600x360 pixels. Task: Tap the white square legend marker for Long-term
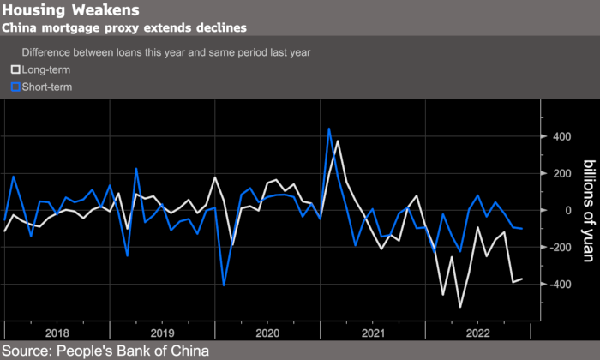pyautogui.click(x=15, y=69)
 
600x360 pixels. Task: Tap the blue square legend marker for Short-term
pyautogui.click(x=15, y=87)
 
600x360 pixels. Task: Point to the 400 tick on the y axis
pyautogui.click(x=561, y=136)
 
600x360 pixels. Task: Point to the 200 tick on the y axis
pyautogui.click(x=561, y=173)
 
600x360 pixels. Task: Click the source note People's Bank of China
pyautogui.click(x=105, y=350)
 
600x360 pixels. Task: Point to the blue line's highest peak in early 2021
pyautogui.click(x=329, y=129)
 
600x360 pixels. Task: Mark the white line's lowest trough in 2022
pyautogui.click(x=460, y=307)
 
